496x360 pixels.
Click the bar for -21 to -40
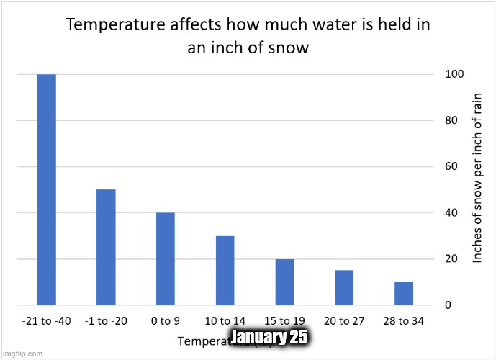[47, 189]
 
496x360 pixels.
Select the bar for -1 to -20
[106, 247]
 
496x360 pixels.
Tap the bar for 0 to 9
[166, 258]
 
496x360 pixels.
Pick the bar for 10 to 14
[225, 270]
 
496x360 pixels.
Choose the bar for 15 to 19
[284, 282]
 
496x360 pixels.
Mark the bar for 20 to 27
[344, 287]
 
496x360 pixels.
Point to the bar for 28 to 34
[404, 293]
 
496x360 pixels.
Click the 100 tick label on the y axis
[454, 74]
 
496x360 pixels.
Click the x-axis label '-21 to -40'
[47, 320]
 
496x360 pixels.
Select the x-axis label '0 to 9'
[166, 320]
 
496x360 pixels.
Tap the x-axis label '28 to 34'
[404, 320]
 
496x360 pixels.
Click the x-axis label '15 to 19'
[284, 320]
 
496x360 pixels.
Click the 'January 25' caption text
[269, 337]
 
